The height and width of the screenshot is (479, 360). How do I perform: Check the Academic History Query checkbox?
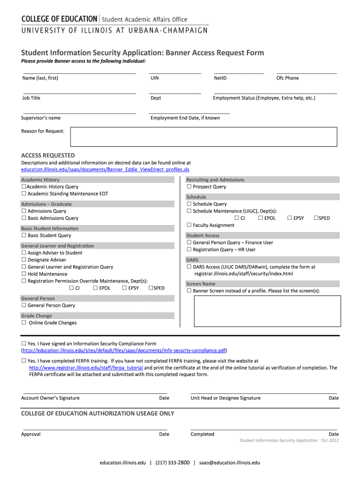[23, 187]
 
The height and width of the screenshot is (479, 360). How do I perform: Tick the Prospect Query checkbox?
[189, 187]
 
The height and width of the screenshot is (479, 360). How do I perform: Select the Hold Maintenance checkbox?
[23, 274]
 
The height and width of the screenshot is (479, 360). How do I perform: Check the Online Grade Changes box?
[23, 323]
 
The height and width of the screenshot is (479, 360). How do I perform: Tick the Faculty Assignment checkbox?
[189, 225]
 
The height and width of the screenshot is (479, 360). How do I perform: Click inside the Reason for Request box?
[203, 137]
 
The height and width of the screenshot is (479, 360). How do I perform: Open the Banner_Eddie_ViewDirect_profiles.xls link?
[105, 169]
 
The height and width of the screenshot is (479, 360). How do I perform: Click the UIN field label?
[154, 78]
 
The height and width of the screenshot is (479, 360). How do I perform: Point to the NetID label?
[220, 78]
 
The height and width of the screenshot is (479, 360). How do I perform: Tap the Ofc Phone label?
[288, 78]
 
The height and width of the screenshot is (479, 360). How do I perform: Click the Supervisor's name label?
[41, 118]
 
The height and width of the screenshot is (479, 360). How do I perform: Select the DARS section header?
[192, 260]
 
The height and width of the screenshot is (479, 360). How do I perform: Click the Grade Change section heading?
[36, 316]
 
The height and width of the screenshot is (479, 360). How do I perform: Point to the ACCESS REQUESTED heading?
[48, 155]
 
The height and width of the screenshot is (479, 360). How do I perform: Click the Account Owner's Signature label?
[50, 398]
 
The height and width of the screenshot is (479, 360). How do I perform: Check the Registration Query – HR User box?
[189, 250]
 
